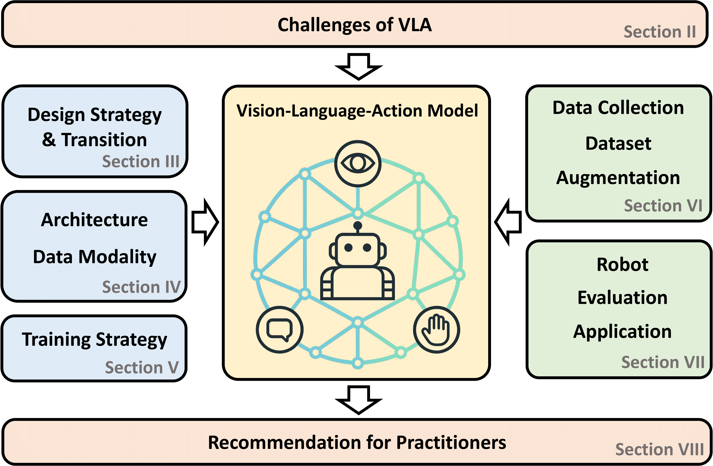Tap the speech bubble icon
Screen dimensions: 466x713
point(280,330)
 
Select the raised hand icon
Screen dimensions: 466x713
point(437,330)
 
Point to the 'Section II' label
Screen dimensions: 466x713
point(660,32)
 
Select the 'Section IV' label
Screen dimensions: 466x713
point(141,287)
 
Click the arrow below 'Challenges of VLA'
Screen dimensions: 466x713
point(359,66)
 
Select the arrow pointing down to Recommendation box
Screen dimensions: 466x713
point(359,400)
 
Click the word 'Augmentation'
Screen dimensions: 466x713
point(618,178)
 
